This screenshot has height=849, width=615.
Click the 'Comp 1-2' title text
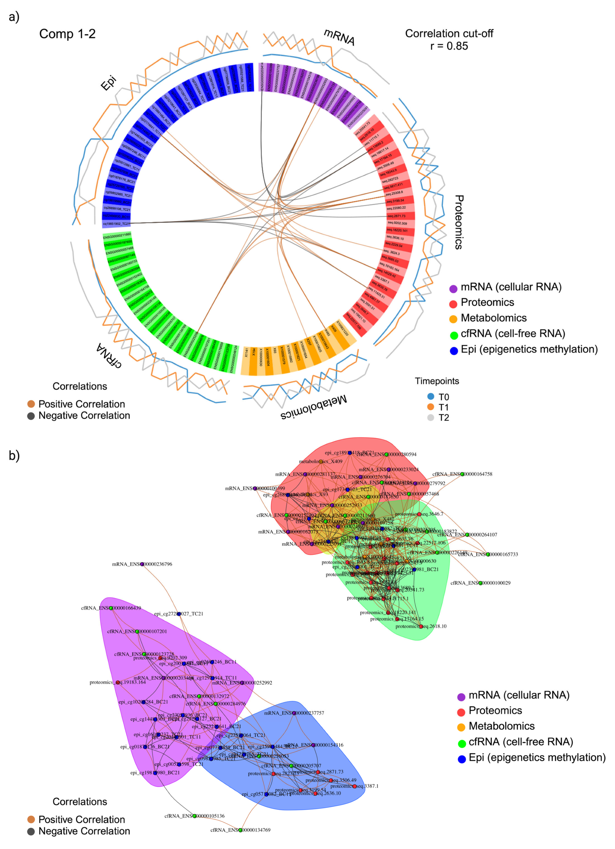(x=67, y=34)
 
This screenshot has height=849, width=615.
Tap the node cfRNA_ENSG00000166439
(x=111, y=608)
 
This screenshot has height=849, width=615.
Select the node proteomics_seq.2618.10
(x=421, y=626)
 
